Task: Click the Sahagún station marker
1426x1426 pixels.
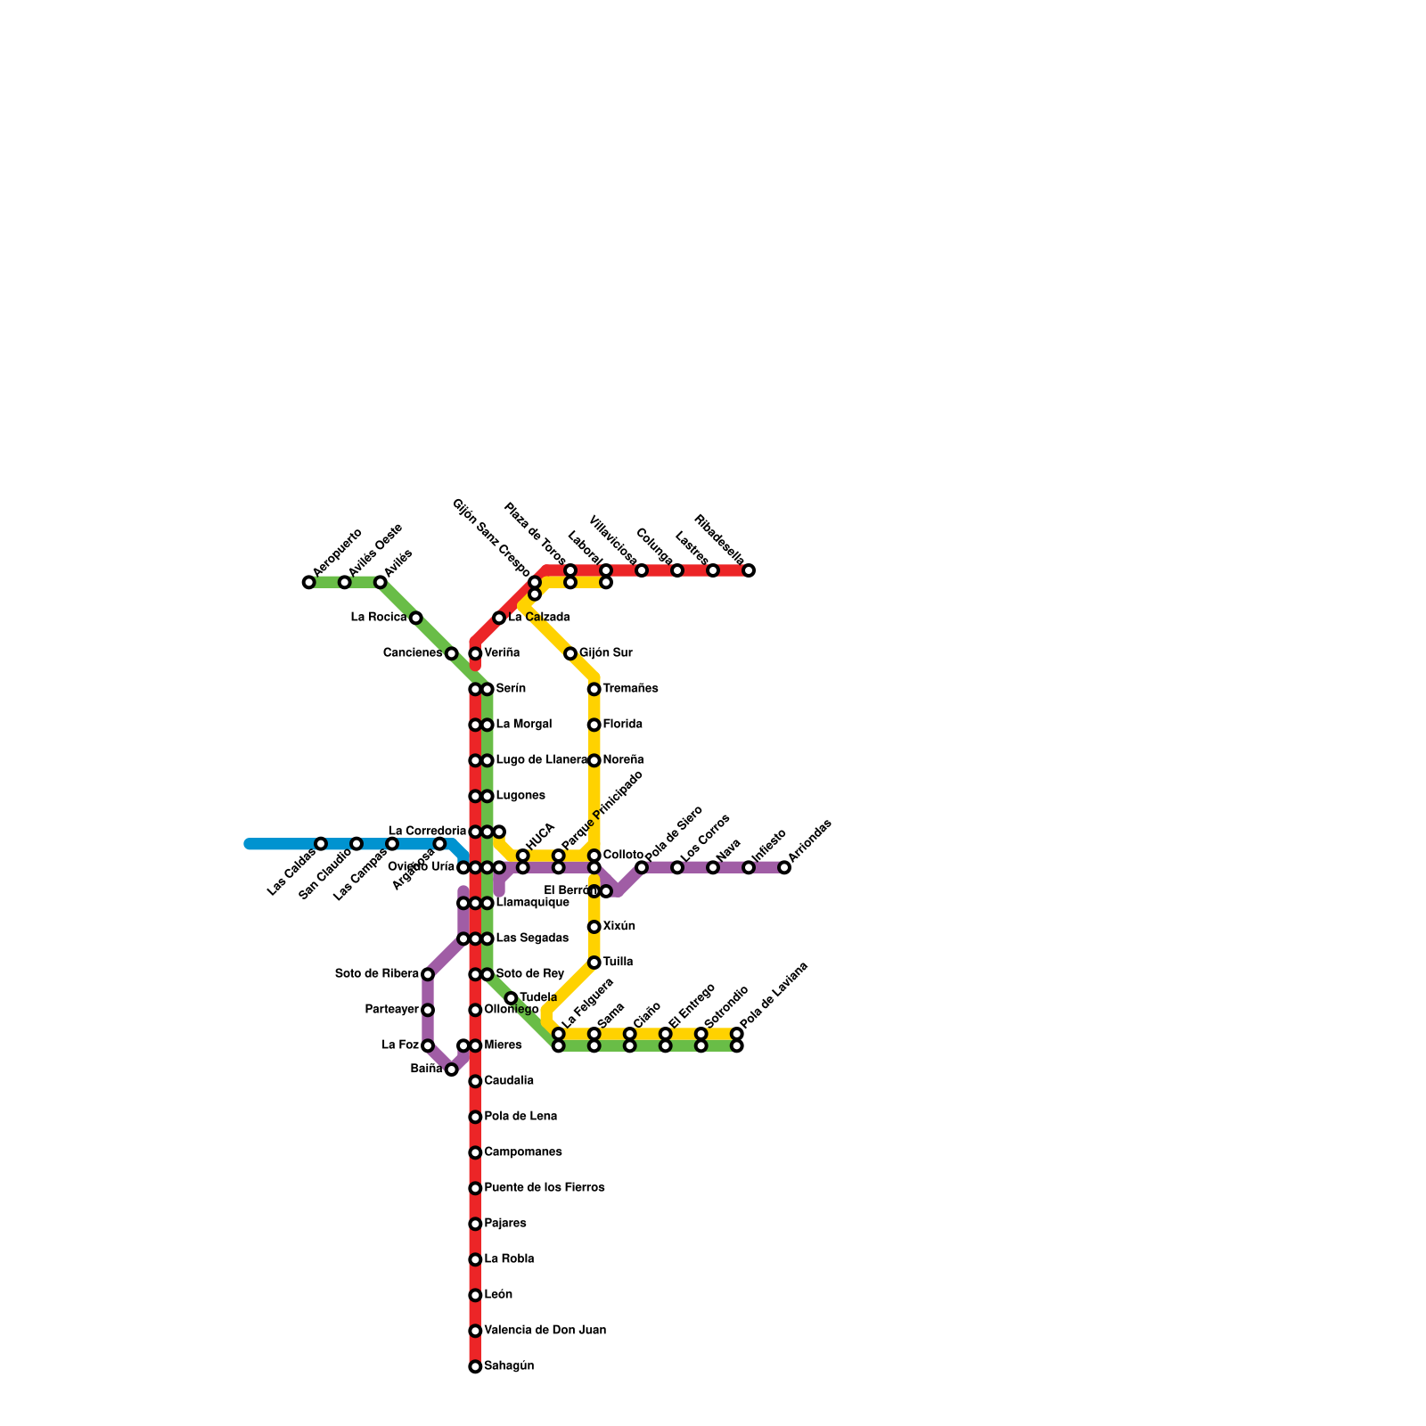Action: (x=475, y=1366)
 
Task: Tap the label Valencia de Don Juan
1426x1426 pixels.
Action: (x=545, y=1331)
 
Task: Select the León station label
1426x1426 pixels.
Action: (x=498, y=1295)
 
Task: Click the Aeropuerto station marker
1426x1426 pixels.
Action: (x=308, y=583)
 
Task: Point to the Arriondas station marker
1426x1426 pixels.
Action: (x=784, y=868)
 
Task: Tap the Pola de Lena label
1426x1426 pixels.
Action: (x=520, y=1117)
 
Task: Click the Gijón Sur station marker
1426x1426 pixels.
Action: (x=570, y=654)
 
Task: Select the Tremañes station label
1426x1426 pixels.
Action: (x=630, y=689)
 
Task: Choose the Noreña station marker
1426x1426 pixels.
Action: (x=594, y=761)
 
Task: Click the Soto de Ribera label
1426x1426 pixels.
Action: (x=377, y=974)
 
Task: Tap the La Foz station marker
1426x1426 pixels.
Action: (x=428, y=1045)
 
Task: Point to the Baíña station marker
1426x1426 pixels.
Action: (x=451, y=1069)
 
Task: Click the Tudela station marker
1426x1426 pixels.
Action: (x=511, y=998)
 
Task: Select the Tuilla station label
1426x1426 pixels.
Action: (x=618, y=963)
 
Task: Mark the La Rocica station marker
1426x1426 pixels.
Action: (x=415, y=618)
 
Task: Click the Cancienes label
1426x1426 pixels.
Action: (x=413, y=653)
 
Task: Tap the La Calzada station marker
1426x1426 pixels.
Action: (x=499, y=618)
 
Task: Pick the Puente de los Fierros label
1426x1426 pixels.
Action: (x=545, y=1188)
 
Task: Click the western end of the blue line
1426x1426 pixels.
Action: (x=249, y=844)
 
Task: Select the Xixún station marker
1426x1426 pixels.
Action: (x=594, y=927)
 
